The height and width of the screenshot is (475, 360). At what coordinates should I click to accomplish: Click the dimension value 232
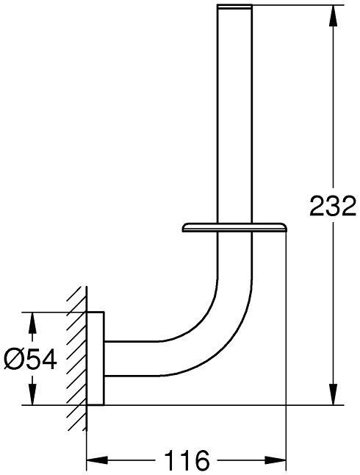pos(332,206)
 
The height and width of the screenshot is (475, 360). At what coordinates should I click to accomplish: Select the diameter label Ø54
pos(32,358)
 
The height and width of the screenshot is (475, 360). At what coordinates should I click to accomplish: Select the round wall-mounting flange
pos(96,359)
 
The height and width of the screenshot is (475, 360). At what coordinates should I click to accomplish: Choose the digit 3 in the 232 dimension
pos(332,206)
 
